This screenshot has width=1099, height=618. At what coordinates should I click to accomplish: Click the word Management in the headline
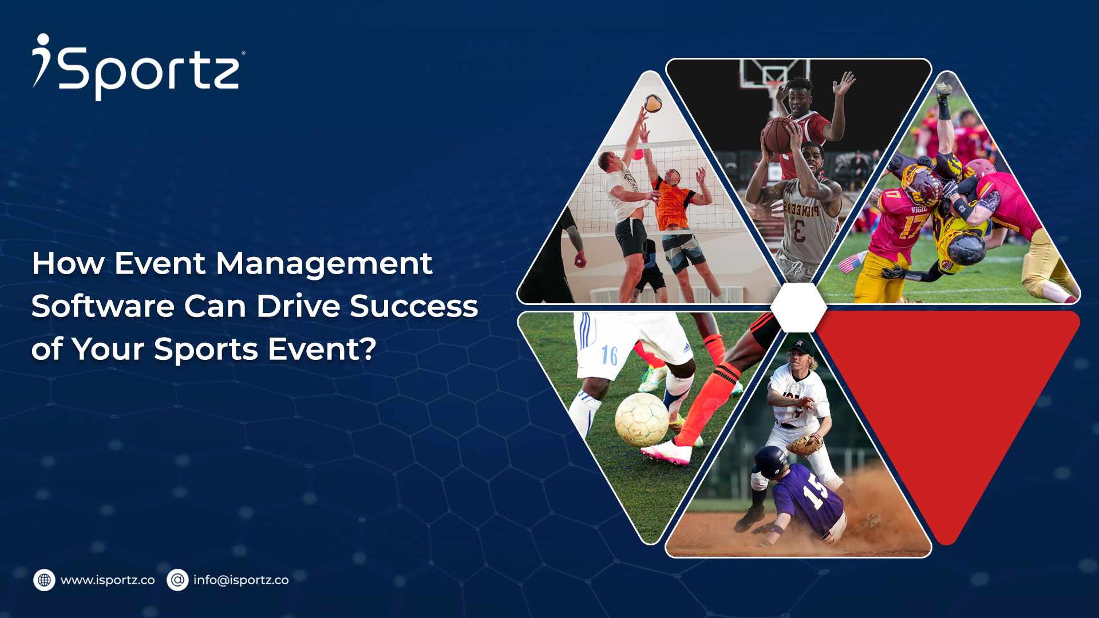(x=323, y=264)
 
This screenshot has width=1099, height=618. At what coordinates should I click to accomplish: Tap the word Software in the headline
(x=102, y=306)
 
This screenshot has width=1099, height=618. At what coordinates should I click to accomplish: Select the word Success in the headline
(x=413, y=306)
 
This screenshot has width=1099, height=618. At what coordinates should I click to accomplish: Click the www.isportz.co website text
(x=108, y=580)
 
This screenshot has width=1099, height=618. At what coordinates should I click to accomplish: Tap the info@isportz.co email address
(x=240, y=580)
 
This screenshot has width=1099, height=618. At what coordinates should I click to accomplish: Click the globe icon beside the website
(x=44, y=580)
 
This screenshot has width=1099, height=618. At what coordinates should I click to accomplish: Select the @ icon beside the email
(x=177, y=580)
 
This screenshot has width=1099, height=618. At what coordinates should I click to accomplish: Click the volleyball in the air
(x=653, y=104)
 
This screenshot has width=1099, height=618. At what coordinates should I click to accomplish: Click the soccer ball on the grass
(x=641, y=420)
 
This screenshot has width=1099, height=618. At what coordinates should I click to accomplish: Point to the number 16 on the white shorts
(x=609, y=355)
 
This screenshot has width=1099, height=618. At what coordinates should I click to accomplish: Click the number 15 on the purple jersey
(x=814, y=492)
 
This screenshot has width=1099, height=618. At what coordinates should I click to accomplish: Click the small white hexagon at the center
(x=798, y=307)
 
